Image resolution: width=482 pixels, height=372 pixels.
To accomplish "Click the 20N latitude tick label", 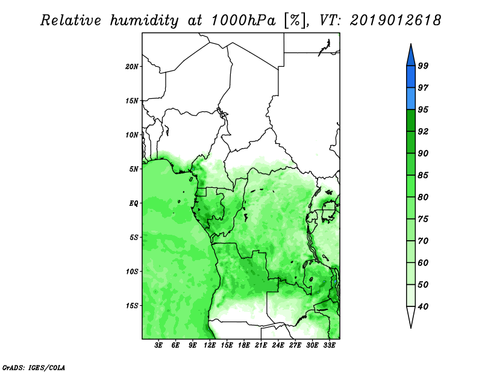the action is (132, 66).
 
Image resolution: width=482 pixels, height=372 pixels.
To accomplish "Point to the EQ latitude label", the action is (134, 203).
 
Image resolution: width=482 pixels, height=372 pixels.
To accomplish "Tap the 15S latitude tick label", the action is (132, 305).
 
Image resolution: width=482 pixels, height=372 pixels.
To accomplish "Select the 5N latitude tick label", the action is (134, 169).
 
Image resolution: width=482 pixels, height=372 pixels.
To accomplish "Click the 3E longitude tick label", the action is (158, 346).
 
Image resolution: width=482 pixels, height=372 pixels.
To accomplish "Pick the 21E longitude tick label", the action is (261, 346).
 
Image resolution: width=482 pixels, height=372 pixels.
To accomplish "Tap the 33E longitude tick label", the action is (329, 346).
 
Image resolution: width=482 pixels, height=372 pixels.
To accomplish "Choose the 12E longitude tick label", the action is (210, 346).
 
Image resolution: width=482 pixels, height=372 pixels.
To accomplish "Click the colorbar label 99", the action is (423, 66).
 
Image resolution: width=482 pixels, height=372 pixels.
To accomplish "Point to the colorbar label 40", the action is (423, 306).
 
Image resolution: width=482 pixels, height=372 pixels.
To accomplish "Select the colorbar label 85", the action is (423, 175).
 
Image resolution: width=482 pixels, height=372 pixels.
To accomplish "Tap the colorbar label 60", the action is (423, 262).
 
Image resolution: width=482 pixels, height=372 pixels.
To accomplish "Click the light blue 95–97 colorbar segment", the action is (411, 99).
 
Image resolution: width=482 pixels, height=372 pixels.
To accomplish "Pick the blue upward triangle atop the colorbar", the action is (411, 56).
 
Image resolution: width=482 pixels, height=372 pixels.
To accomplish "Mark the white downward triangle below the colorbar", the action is (411, 317).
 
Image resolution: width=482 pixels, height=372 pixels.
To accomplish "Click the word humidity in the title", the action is (144, 20).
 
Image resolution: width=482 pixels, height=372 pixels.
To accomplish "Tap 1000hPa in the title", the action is (243, 20).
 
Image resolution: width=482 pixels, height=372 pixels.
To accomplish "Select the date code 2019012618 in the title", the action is (395, 20).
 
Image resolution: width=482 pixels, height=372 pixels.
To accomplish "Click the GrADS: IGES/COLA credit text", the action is (34, 367).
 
